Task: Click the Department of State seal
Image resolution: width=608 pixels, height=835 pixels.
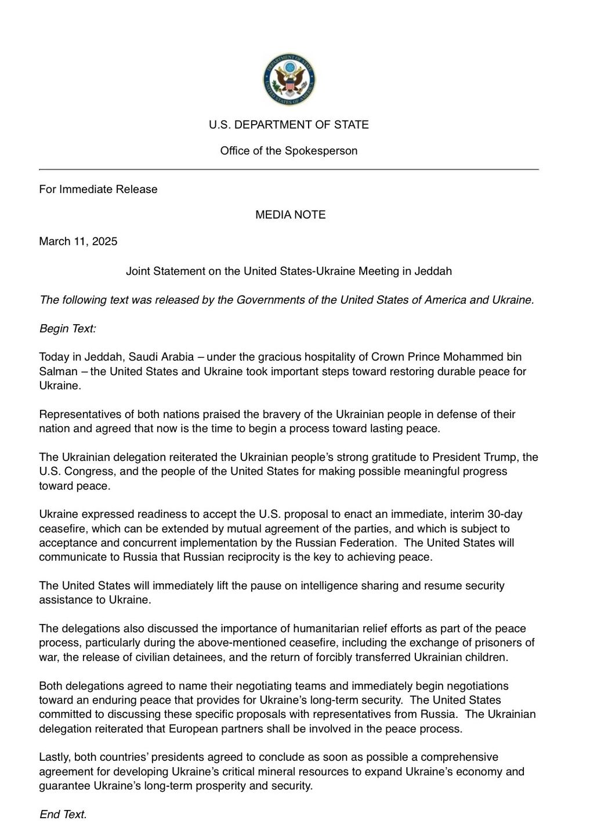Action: coord(289,80)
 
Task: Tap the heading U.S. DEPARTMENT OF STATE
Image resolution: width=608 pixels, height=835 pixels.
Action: coord(289,125)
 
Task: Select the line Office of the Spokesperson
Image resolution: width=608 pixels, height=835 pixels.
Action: coord(289,151)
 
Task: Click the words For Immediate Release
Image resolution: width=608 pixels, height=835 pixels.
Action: coord(98,190)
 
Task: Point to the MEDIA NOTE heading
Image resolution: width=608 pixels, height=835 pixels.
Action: coord(291,215)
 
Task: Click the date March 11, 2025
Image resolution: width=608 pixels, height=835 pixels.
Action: coord(78,241)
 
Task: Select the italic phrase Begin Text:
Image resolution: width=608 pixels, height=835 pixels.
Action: coord(68,329)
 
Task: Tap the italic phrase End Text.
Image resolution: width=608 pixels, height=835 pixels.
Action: coord(63,815)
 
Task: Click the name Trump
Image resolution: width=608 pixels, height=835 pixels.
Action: coord(498,457)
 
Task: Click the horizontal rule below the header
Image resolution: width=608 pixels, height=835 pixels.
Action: coord(289,169)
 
